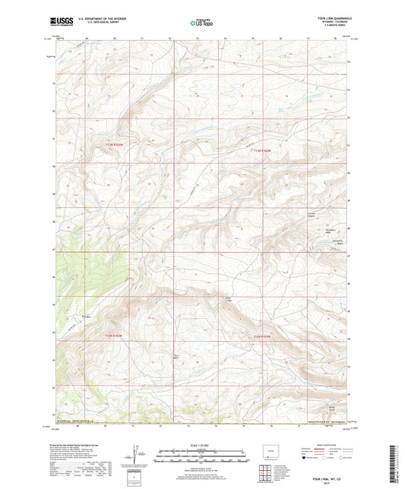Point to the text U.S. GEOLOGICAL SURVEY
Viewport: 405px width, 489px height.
click(97, 24)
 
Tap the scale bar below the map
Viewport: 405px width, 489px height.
click(201, 458)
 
